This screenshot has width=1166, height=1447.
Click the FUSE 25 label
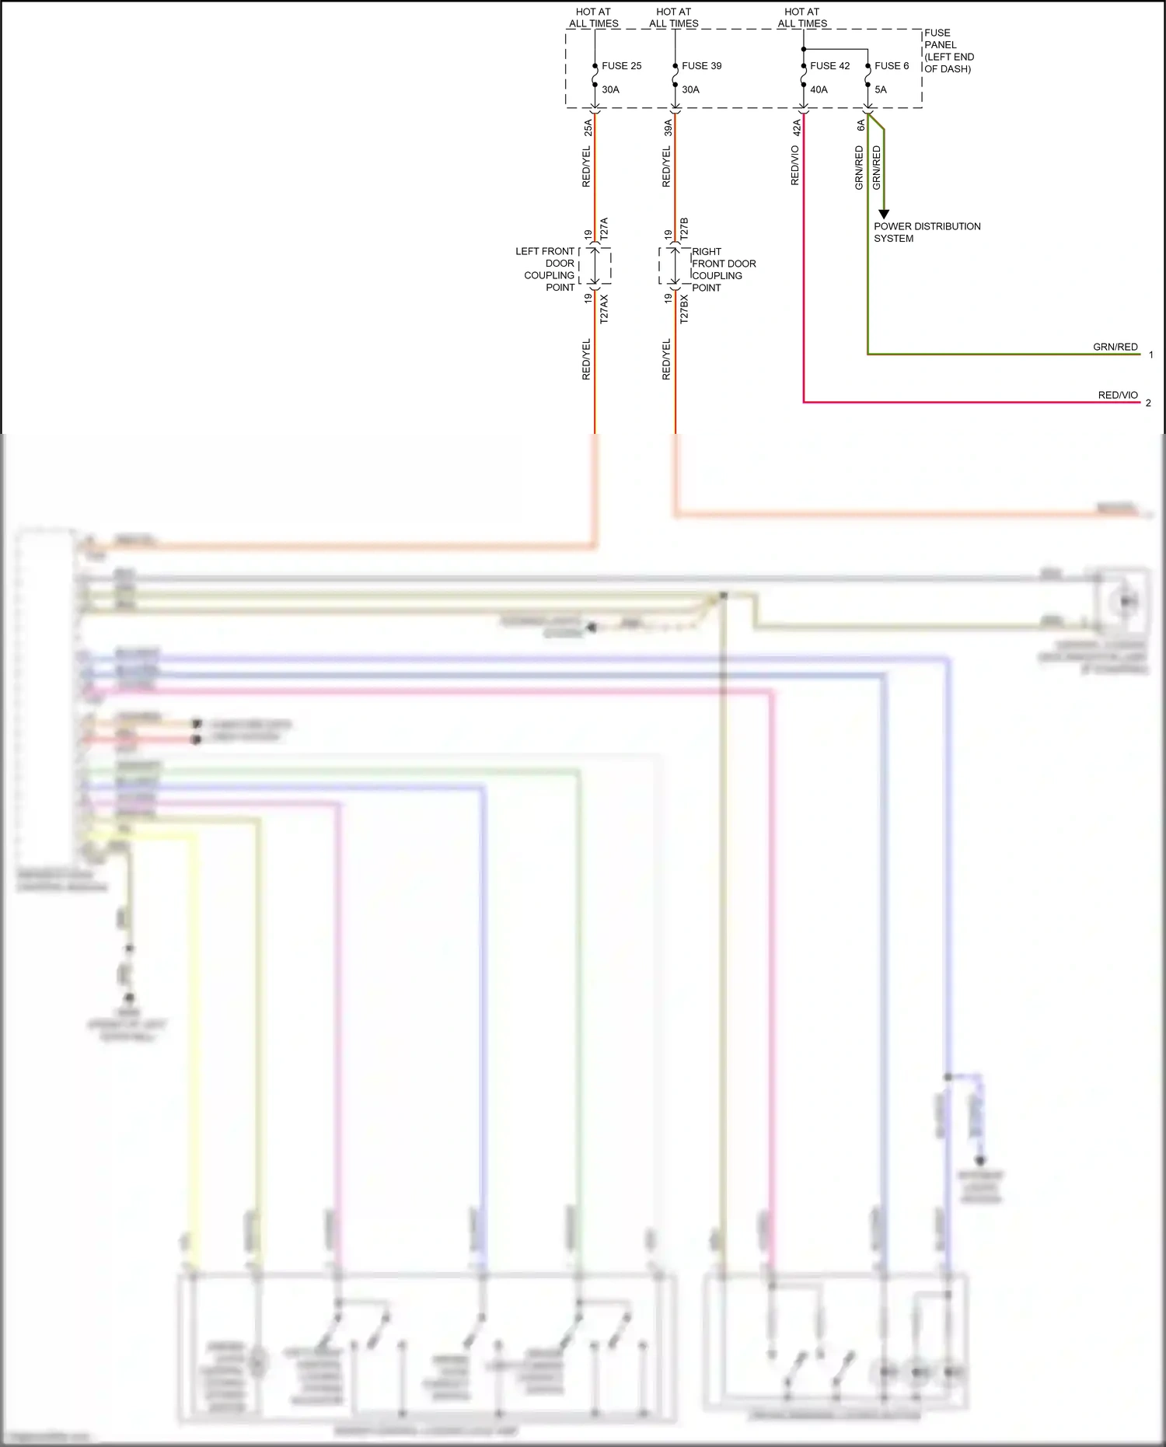tap(621, 66)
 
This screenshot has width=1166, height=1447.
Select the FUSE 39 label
tap(701, 66)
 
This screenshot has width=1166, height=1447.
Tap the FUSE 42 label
tap(829, 66)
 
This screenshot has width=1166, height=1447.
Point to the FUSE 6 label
tap(892, 66)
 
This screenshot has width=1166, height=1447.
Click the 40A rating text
tap(819, 89)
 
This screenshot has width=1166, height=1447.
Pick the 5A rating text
tap(881, 89)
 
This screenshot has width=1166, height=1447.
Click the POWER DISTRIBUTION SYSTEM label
tap(927, 232)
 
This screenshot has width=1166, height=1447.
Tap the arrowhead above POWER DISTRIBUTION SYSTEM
tap(884, 215)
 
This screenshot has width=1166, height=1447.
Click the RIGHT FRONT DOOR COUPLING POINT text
tap(723, 269)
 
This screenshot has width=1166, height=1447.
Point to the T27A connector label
tap(604, 228)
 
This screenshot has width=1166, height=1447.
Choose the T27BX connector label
tap(684, 309)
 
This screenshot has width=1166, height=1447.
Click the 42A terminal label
tap(797, 128)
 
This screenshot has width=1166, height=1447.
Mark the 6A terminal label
tap(861, 125)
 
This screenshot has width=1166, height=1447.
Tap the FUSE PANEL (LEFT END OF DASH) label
tap(948, 51)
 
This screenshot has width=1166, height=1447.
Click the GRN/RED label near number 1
tap(1115, 347)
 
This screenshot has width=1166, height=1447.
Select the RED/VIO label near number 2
tap(1117, 395)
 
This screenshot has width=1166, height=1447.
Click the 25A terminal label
tap(588, 128)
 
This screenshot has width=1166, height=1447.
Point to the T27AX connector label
tap(604, 309)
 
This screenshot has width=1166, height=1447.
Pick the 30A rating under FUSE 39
tap(690, 89)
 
